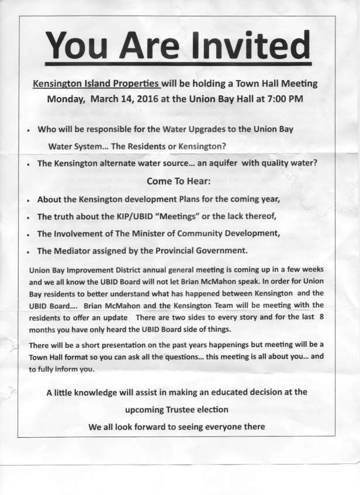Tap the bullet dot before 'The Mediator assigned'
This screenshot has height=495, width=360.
click(x=29, y=251)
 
